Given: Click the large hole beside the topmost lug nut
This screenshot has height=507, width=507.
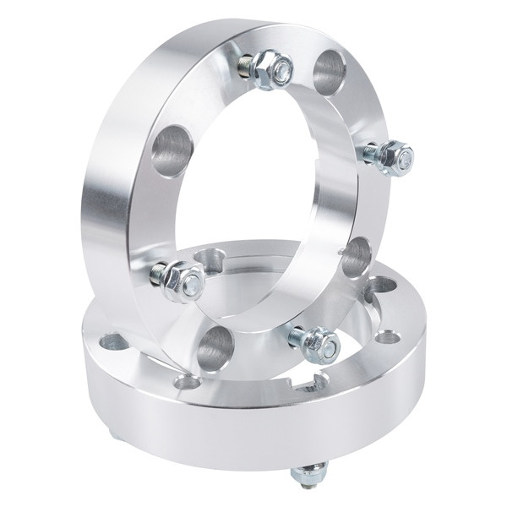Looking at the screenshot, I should tap(330, 71).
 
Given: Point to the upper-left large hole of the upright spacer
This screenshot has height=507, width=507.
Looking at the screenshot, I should tap(172, 150).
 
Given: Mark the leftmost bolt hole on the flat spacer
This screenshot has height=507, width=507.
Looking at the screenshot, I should tap(112, 342).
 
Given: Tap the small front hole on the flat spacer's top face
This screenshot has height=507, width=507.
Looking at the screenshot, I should tap(188, 383).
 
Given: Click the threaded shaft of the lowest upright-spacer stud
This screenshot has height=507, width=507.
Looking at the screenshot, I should tap(297, 336).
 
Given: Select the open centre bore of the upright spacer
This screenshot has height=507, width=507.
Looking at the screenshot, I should tap(262, 194).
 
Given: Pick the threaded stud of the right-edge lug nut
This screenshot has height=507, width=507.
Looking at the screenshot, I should tap(370, 153).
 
